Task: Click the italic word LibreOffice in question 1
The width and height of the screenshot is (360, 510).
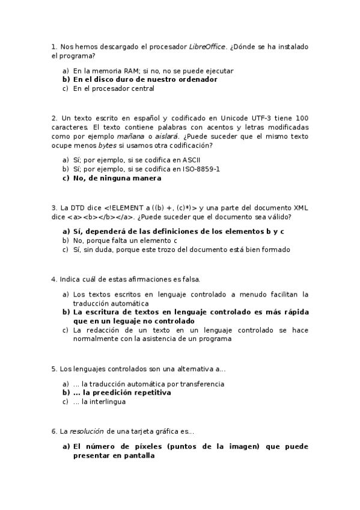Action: click(x=207, y=46)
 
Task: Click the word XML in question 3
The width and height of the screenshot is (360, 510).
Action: click(x=301, y=207)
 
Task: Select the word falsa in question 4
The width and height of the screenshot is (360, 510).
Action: click(x=189, y=279)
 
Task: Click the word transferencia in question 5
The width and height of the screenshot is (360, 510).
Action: click(x=201, y=383)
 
